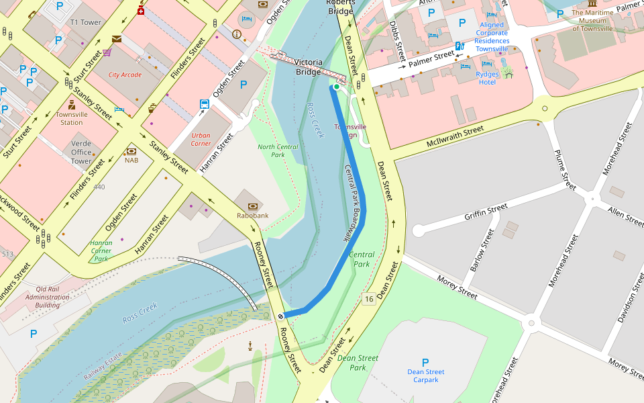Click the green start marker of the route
337,87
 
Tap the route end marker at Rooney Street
280,316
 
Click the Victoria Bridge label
309,67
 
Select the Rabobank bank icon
252,206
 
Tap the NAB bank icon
131,150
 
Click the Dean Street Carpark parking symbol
425,362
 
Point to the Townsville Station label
72,118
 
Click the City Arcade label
125,75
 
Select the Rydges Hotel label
487,78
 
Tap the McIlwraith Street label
455,136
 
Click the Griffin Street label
486,213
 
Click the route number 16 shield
368,298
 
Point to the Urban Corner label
201,139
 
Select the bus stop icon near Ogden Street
204,104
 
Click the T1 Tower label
86,22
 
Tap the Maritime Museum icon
592,4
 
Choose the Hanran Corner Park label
101,251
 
